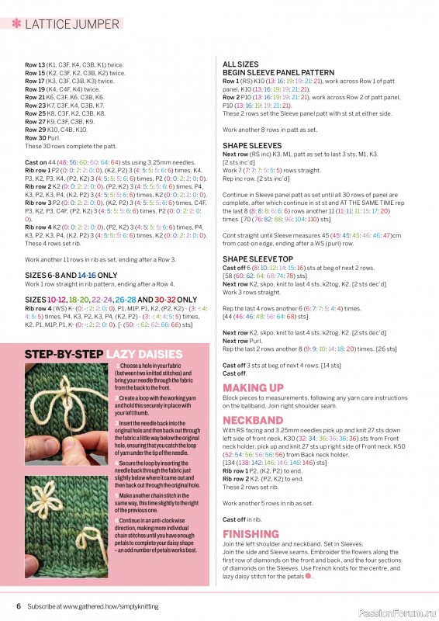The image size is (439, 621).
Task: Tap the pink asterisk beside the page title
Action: point(16,24)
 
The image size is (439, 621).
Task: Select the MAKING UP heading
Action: point(253,387)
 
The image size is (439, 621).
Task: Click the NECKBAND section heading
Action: point(252,419)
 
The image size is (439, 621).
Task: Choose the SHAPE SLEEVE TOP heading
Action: point(258,258)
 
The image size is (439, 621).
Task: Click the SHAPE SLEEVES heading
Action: point(252,145)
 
